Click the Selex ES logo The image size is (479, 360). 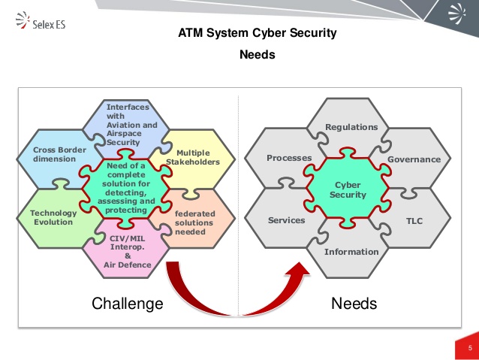41,20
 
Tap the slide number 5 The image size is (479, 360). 470,348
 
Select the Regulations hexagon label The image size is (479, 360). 351,127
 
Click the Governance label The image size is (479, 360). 414,159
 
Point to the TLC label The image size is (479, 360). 414,221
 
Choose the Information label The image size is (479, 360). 351,252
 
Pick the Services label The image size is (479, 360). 286,220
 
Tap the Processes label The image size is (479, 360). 289,158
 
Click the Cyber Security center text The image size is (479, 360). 348,190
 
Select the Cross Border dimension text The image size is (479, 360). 59,155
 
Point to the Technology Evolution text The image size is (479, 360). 53,217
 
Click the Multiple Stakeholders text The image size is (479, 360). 193,157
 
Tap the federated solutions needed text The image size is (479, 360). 195,222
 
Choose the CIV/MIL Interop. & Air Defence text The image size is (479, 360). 128,252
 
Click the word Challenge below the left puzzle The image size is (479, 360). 128,304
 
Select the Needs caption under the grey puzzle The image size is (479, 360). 354,304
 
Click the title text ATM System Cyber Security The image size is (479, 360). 258,33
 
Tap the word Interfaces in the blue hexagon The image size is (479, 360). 128,107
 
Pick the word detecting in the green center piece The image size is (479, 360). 126,192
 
